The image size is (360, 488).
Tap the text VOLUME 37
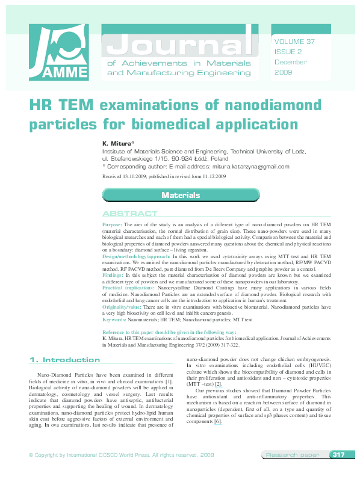coord(294,42)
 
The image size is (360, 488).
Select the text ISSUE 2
coord(287,52)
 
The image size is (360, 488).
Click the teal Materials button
coord(180,195)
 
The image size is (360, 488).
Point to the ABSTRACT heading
coord(130,214)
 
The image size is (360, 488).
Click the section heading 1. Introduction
coord(64,360)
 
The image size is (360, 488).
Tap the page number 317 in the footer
coord(338,472)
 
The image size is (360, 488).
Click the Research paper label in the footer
coord(293,472)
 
